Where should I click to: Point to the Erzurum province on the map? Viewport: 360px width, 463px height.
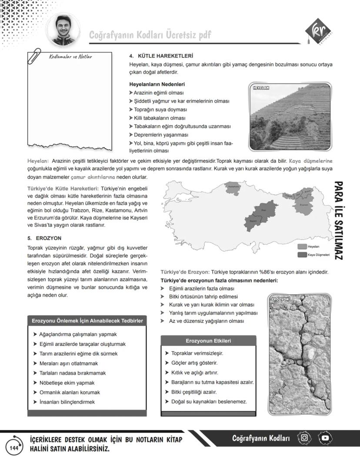coord(303,205)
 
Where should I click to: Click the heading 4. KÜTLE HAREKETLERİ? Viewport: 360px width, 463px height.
coord(161,56)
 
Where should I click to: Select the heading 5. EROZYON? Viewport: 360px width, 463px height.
coord(44,238)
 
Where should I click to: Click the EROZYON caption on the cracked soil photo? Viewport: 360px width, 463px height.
coord(280,300)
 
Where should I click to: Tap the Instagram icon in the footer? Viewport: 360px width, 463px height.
coord(304,438)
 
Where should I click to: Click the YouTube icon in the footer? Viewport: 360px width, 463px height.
coord(325,438)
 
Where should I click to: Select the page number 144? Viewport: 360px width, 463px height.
coord(13,447)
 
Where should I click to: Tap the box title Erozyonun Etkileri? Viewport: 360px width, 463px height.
coord(208,340)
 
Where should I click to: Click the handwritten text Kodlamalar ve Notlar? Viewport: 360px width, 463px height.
coord(70,57)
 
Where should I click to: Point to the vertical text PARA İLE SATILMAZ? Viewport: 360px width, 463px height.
coord(340,221)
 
